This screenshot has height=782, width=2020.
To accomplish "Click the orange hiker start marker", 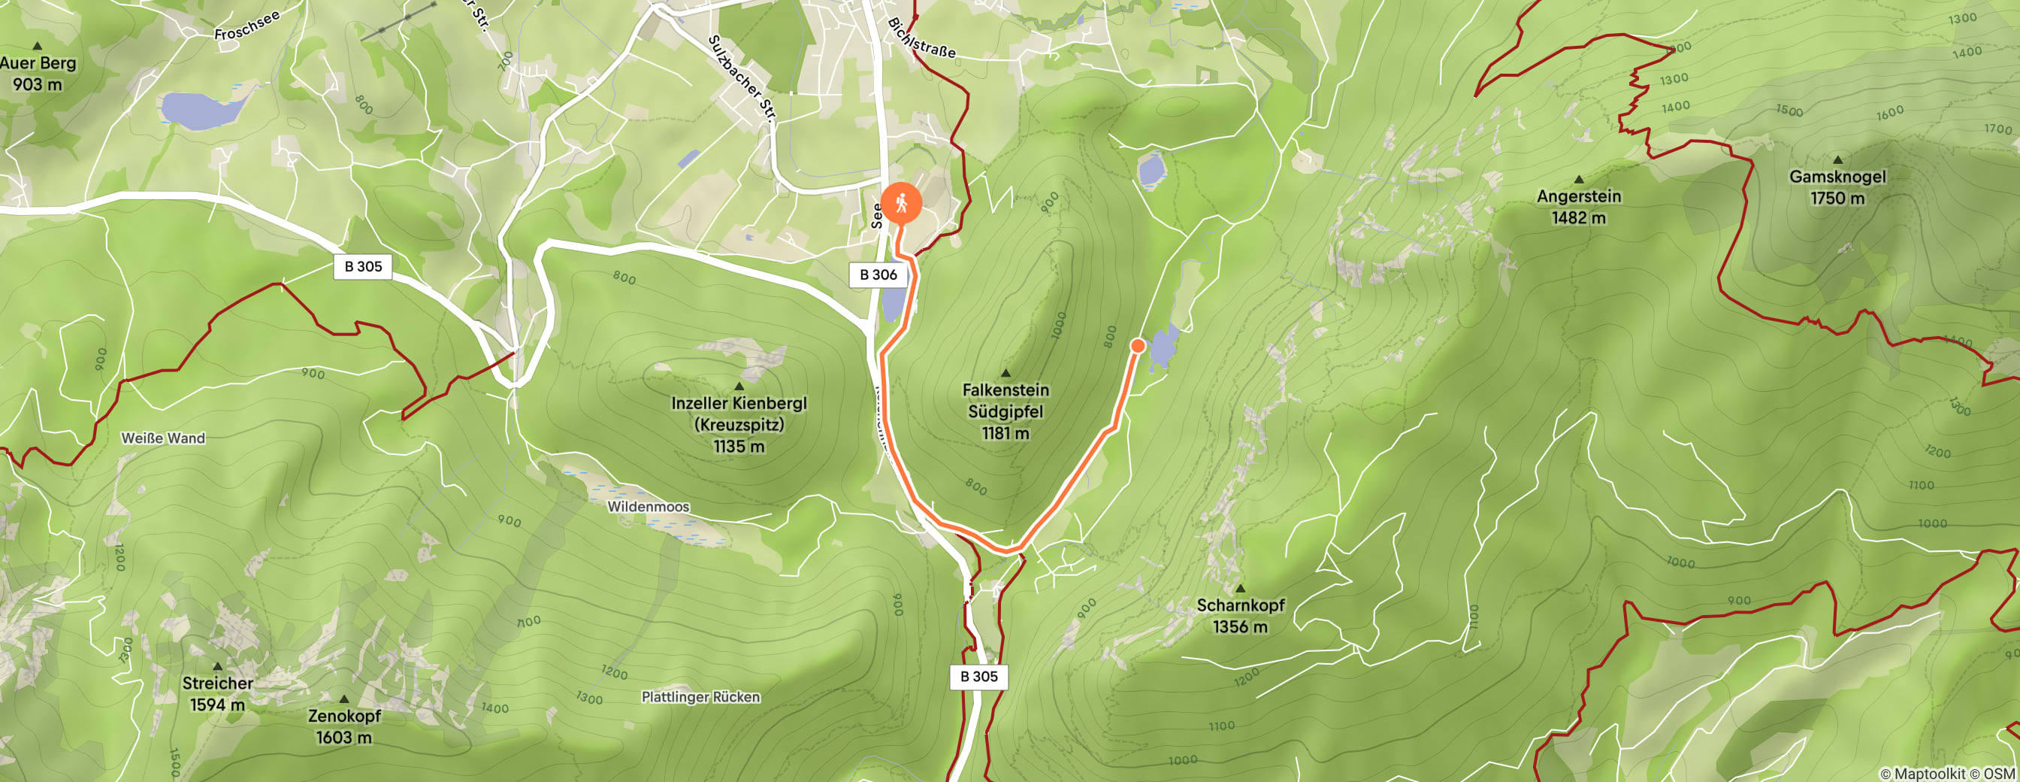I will (901, 202).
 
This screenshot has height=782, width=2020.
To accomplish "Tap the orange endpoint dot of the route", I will (1138, 345).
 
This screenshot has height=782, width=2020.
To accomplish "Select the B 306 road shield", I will (878, 274).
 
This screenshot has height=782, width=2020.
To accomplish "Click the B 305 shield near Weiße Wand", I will (363, 267).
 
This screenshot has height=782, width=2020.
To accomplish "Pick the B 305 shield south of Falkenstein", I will (978, 676).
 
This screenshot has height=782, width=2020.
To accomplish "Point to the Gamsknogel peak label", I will (1837, 186).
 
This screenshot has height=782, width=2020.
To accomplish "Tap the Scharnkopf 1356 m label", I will (1240, 615).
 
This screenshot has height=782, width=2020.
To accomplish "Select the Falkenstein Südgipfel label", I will (1005, 411).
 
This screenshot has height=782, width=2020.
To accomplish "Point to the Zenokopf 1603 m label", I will (344, 726).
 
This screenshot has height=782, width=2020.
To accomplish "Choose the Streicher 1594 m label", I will (217, 693).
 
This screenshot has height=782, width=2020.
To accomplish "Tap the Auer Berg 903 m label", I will (38, 73).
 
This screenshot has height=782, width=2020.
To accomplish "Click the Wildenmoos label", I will (648, 507).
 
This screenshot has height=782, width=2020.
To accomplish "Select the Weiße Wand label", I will (163, 438).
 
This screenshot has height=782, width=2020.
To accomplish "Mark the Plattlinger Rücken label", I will (700, 696).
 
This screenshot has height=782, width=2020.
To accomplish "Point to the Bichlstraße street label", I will (921, 38).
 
